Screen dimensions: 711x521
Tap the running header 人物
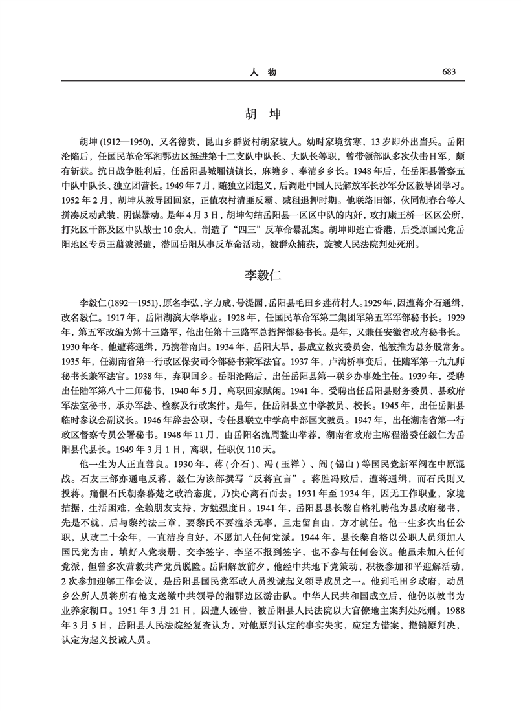click(261, 72)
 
